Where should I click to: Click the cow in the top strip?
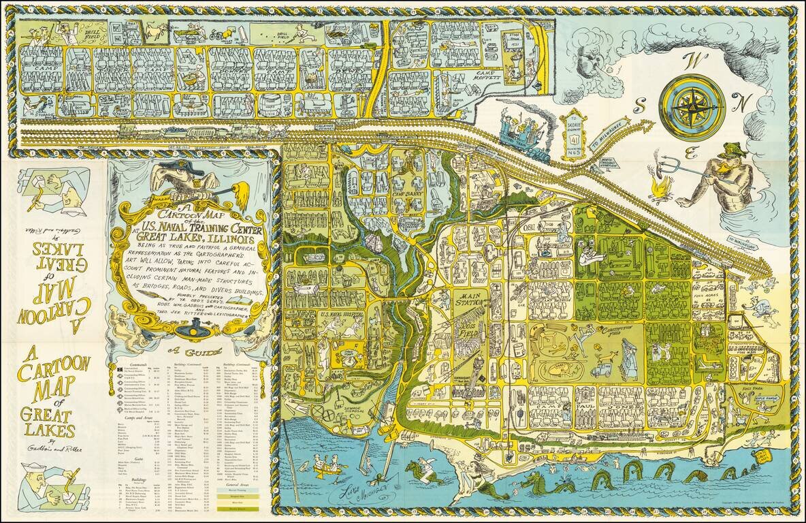[x=159, y=34]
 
